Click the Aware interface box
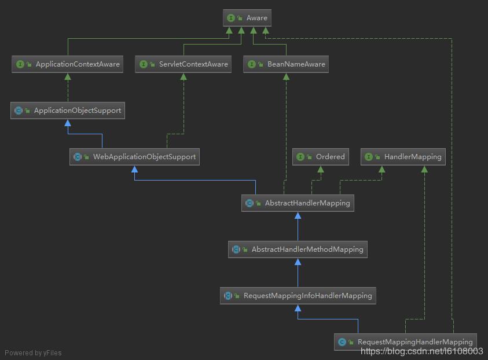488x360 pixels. [247, 18]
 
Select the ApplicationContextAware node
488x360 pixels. [68, 64]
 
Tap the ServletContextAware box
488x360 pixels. [184, 64]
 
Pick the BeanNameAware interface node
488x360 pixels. [286, 64]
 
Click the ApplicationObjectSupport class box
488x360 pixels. [68, 111]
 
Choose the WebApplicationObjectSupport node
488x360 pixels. [134, 157]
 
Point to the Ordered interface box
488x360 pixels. [320, 157]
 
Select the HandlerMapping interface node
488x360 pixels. [404, 157]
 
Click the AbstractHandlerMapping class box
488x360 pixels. [298, 203]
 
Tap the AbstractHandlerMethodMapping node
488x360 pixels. [298, 249]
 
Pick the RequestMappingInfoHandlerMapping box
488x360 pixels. [298, 296]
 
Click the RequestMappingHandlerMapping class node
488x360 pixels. [405, 342]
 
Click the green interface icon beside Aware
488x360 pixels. [231, 18]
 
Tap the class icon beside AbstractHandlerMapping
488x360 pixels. [249, 203]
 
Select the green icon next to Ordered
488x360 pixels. [300, 157]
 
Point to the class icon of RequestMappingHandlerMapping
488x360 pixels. [342, 342]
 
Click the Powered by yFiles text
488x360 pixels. [33, 352]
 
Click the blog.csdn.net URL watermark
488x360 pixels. [422, 351]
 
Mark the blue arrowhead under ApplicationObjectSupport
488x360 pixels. [68, 123]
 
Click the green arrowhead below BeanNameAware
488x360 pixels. [286, 76]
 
